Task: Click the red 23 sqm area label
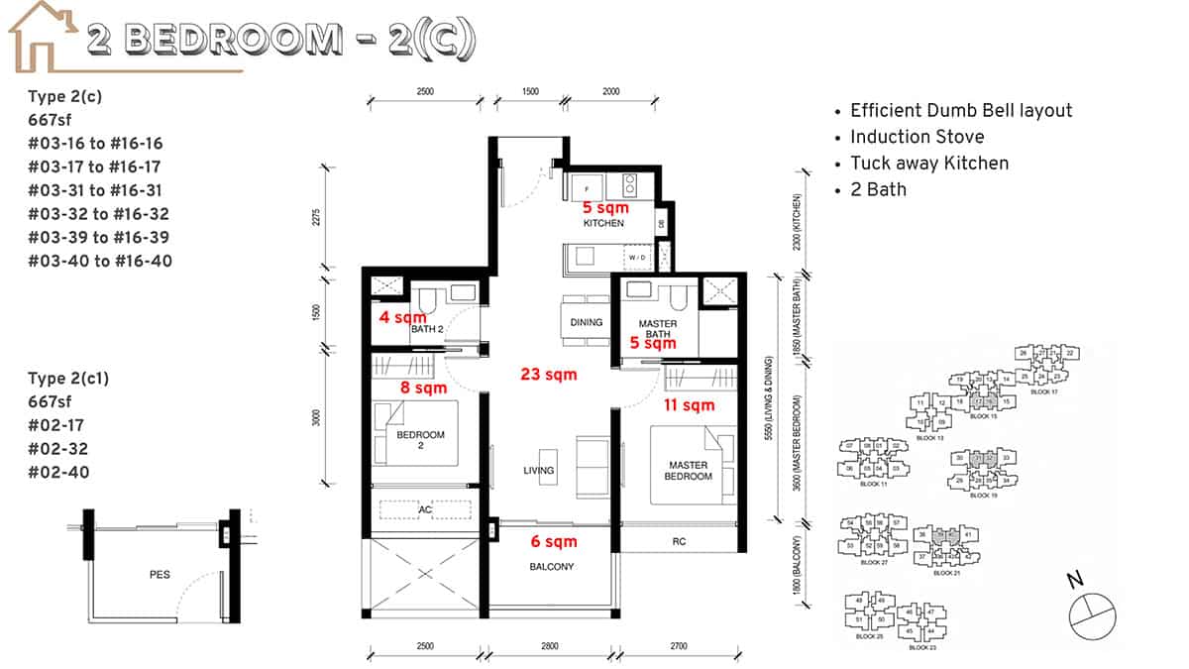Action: tap(549, 375)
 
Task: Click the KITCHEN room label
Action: tap(603, 223)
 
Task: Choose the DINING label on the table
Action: tap(587, 322)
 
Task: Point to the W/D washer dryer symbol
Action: tap(635, 258)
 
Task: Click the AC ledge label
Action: tap(426, 510)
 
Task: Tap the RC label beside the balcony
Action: tap(679, 541)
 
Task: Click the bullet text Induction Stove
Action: tap(917, 137)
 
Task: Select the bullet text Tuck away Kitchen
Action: tap(929, 163)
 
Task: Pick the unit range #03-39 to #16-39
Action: tap(100, 237)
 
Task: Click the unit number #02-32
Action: tap(58, 449)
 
